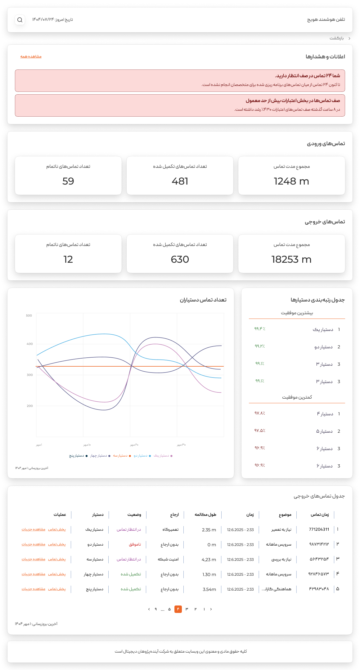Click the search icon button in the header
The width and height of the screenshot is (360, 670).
click(x=20, y=20)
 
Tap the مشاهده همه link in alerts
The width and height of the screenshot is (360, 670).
click(x=31, y=56)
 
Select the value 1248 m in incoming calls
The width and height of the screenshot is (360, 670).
click(x=291, y=181)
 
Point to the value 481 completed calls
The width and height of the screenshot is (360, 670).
click(x=180, y=181)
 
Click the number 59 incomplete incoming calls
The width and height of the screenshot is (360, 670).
click(x=68, y=181)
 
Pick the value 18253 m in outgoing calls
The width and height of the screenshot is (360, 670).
click(x=291, y=259)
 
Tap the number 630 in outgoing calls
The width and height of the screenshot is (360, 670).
click(x=180, y=259)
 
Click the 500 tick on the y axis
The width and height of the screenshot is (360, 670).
click(x=29, y=315)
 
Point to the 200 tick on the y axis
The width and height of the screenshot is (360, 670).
click(x=29, y=406)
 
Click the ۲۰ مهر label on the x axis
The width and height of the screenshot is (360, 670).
click(x=134, y=445)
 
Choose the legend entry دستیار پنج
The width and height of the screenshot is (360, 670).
click(x=77, y=456)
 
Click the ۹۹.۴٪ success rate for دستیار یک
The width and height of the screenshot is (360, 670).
click(x=260, y=329)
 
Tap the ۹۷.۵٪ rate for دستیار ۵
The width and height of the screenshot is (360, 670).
click(x=260, y=431)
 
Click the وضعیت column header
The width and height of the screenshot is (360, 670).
click(x=134, y=515)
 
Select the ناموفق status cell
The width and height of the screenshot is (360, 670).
click(x=135, y=544)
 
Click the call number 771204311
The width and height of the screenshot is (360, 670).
click(x=319, y=529)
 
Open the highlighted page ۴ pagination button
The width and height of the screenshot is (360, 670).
click(x=178, y=609)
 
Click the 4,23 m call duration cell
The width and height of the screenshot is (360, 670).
click(x=209, y=560)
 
